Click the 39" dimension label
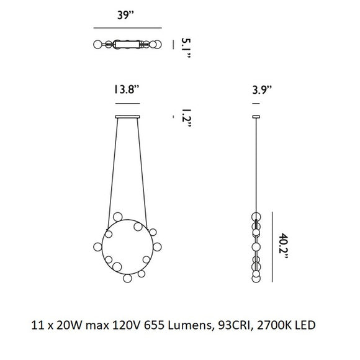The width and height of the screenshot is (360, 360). [x=125, y=15]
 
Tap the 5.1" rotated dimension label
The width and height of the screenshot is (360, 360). [x=186, y=48]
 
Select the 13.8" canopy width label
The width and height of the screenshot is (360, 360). [x=127, y=89]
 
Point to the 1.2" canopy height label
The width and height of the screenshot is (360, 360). [x=186, y=117]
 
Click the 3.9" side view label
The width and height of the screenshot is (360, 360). [x=262, y=89]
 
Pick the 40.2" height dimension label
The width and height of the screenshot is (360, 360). [x=283, y=246]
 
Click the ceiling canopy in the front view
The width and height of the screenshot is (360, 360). [x=127, y=117]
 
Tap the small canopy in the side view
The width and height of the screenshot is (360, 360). [x=256, y=117]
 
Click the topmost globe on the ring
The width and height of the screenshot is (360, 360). [x=118, y=217]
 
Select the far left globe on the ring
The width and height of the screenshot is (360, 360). [x=97, y=246]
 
